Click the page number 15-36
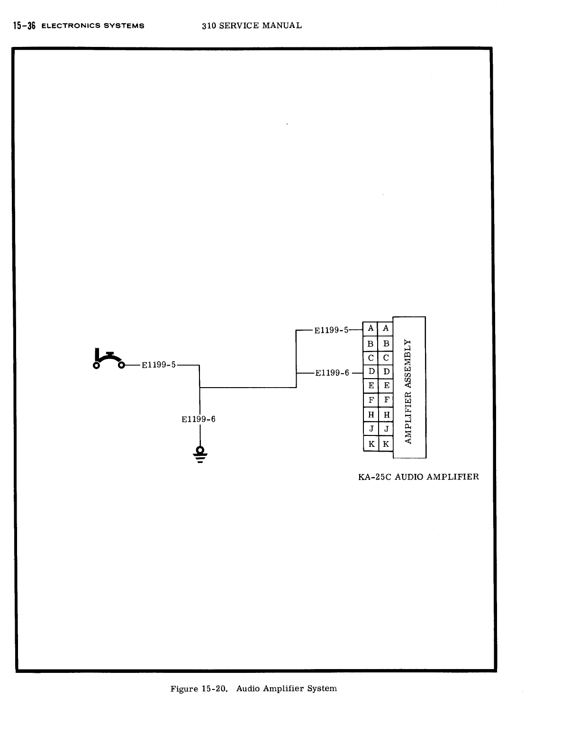[24, 26]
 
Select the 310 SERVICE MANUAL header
[252, 26]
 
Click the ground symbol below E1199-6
[200, 454]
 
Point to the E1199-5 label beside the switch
[159, 365]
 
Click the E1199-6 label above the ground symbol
[199, 419]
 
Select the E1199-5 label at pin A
[331, 330]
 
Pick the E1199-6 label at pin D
[332, 373]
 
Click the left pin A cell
[371, 328]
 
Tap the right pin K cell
[386, 444]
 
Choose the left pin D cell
[371, 372]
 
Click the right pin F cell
[386, 400]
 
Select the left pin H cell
[371, 415]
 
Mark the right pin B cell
[386, 344]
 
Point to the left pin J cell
[371, 429]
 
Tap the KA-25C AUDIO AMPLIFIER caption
[418, 477]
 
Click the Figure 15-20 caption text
[253, 689]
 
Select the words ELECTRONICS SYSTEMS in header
[93, 26]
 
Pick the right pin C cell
[386, 358]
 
